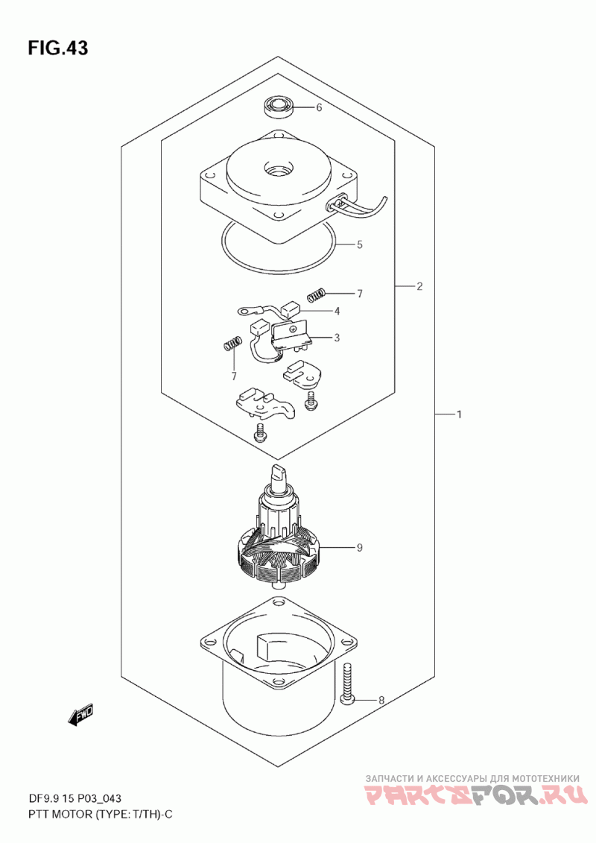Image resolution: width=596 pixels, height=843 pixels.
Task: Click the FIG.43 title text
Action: pos(57,48)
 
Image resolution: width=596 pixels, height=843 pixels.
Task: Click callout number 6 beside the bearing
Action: pos(319,107)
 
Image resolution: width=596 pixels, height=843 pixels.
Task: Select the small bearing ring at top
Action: pos(279,107)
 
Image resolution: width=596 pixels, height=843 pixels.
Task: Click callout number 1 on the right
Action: pos(460,414)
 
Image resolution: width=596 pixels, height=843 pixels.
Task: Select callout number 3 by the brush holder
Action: pos(337,338)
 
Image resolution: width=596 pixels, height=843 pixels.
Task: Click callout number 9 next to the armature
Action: pos(359,548)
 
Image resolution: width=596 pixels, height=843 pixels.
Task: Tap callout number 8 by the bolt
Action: pos(381,700)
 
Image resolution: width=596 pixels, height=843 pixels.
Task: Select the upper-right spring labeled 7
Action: pos(317,294)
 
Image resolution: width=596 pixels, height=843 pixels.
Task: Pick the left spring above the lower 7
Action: pos(232,344)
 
